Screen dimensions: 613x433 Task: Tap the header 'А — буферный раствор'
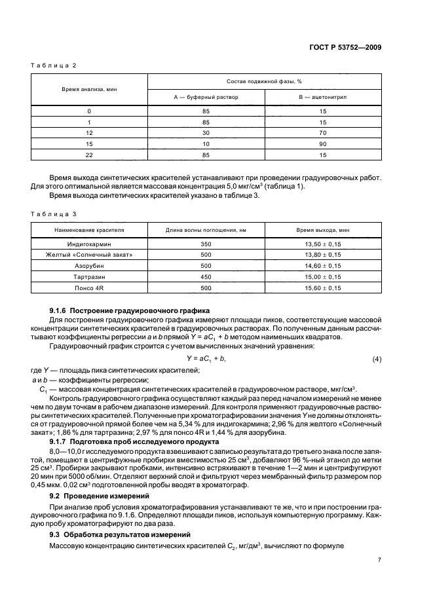[206, 96]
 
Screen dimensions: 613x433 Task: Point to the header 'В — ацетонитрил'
[322, 96]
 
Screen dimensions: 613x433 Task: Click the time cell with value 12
[89, 132]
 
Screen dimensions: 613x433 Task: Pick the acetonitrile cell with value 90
[322, 143]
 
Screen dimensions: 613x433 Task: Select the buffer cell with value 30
[206, 132]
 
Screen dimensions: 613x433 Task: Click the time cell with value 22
[89, 154]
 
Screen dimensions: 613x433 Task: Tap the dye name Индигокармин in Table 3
[89, 242]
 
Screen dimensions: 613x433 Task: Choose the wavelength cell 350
[206, 242]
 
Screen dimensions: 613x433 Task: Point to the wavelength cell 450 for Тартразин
[206, 277]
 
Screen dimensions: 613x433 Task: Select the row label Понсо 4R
[89, 288]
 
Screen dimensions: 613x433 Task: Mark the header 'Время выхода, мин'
[322, 231]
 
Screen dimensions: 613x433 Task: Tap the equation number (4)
[377, 358]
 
